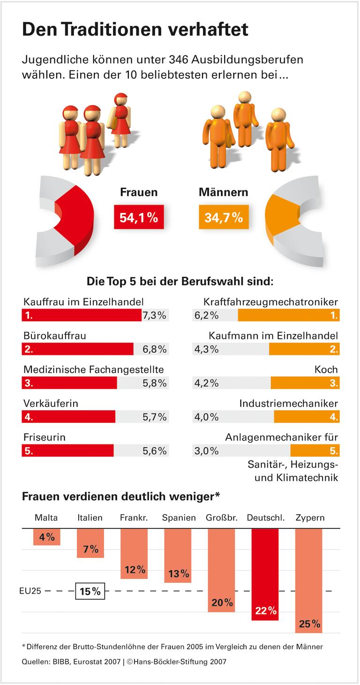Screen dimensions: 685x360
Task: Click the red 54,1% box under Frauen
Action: pos(139,218)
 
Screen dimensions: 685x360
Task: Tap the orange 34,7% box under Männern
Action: pos(224,218)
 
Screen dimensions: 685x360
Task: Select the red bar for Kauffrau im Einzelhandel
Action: pos(81,316)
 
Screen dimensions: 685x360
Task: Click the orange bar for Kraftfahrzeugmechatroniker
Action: pos(288,316)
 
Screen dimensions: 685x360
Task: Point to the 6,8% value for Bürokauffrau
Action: pos(155,349)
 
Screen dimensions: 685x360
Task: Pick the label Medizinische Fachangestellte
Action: pos(93,369)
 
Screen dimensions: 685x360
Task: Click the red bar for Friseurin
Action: pos(67,451)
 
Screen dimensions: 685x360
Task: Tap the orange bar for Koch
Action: pos(305,383)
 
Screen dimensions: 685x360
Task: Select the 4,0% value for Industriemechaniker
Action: pos(206,417)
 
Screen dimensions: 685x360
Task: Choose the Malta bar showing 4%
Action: pos(47,536)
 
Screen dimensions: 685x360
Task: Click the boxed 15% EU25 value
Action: pos(90,591)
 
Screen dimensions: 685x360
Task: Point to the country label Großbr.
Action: pos(221,518)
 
